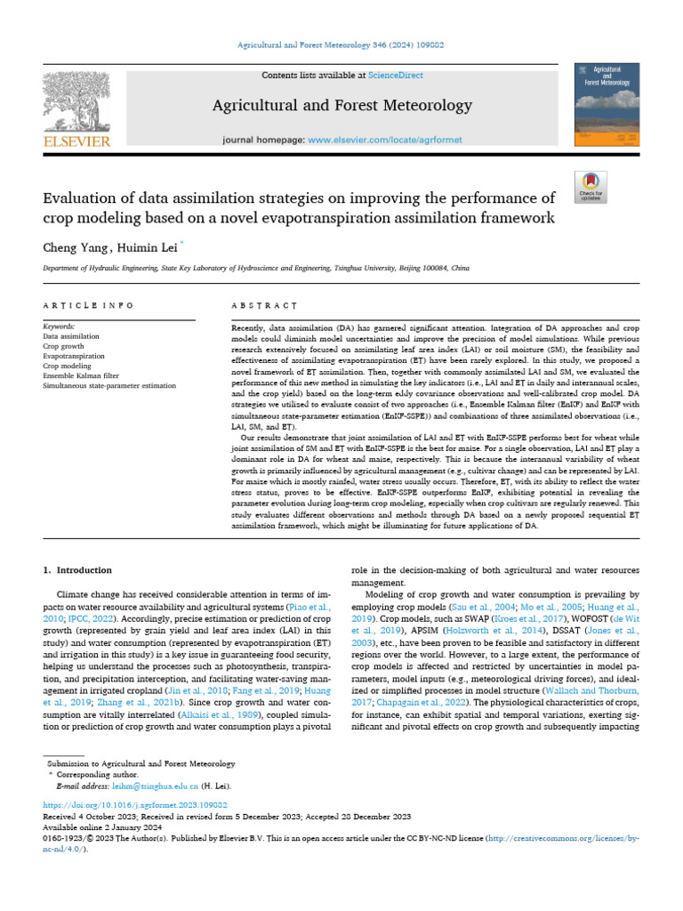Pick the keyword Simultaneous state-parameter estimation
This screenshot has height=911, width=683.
[109, 386]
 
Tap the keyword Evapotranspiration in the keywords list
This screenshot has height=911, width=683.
[74, 356]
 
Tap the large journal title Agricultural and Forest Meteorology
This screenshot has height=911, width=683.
[341, 106]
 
